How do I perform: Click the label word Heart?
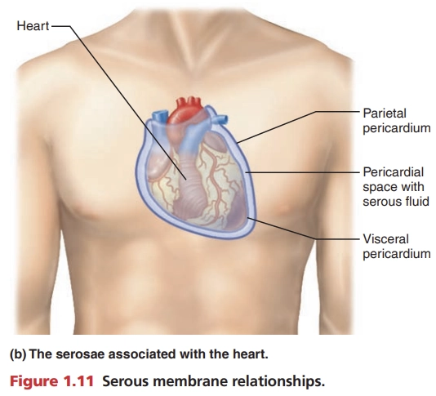[33, 26]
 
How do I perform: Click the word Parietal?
[385, 113]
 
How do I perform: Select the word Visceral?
[385, 239]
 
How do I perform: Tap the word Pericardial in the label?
[394, 172]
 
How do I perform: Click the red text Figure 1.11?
[51, 381]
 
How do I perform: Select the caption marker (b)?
[18, 354]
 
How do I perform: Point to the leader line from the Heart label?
[127, 103]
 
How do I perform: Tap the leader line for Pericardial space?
[303, 172]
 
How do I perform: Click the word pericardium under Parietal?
[397, 129]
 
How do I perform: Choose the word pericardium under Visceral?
[397, 254]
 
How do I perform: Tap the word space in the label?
[380, 188]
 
